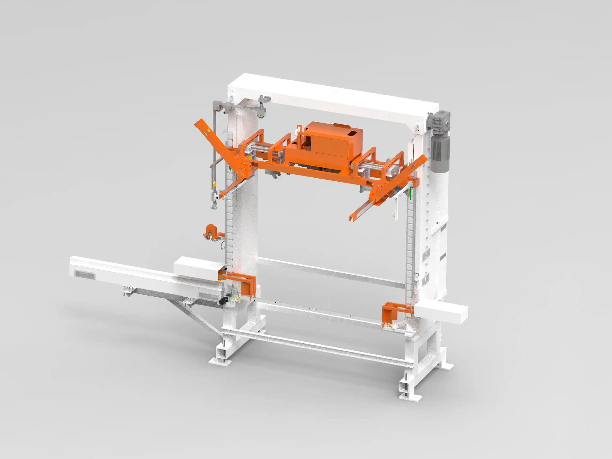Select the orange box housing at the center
[329, 147]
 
